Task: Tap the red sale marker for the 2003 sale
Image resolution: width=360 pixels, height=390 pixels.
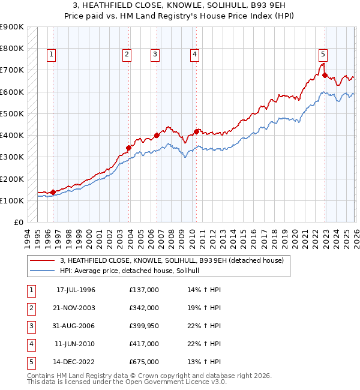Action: point(128,148)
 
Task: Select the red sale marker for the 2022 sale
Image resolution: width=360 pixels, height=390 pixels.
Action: point(325,75)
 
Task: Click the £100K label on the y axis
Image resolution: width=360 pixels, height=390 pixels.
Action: point(12,200)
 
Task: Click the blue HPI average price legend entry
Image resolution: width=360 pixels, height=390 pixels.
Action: point(133,271)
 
